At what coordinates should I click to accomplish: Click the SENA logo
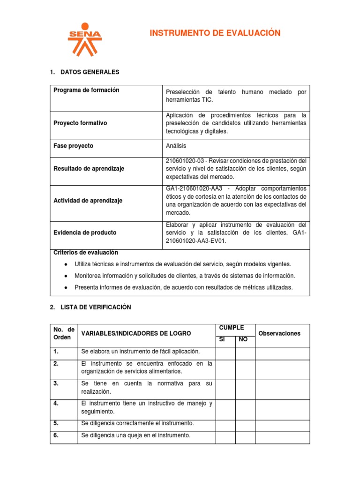[84, 39]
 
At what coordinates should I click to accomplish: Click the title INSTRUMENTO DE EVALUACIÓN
[215, 33]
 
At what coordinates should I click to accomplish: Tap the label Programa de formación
[87, 90]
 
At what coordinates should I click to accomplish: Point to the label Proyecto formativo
[81, 123]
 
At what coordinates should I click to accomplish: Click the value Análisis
[177, 146]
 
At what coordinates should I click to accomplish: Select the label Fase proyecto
[74, 146]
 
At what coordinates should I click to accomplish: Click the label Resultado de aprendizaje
[89, 169]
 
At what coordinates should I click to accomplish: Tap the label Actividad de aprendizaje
[88, 201]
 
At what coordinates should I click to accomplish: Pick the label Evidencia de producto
[85, 232]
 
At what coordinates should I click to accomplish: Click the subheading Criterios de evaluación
[86, 252]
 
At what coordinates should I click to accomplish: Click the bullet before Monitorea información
[64, 276]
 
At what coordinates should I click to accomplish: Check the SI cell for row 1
[225, 353]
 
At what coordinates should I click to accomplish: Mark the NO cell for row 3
[245, 390]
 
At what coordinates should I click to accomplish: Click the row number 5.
[56, 423]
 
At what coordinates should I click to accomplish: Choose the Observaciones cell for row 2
[282, 369]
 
